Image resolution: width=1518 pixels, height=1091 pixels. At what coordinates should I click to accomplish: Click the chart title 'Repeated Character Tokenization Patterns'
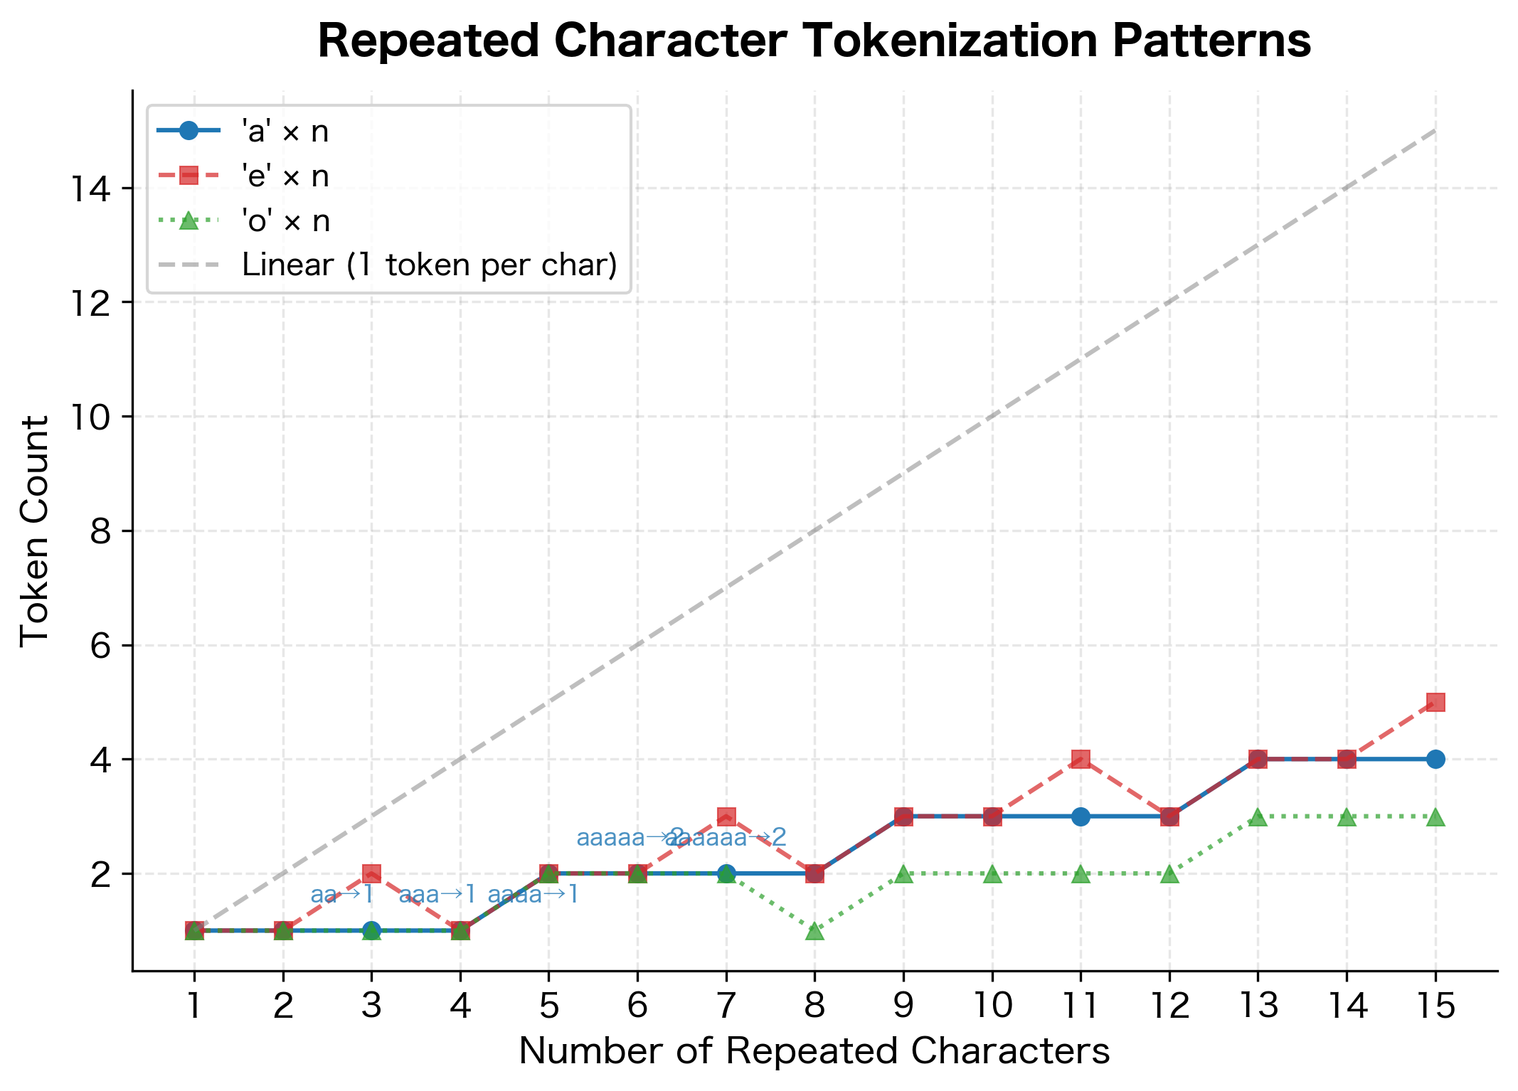tap(814, 41)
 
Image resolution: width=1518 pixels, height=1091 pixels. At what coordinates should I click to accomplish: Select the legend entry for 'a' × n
tap(285, 132)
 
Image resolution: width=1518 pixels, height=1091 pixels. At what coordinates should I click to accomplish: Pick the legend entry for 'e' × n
tap(285, 176)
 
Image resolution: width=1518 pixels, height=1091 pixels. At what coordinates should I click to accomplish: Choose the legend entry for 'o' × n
tap(285, 220)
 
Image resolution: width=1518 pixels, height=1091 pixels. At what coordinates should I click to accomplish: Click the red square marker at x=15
tap(1435, 703)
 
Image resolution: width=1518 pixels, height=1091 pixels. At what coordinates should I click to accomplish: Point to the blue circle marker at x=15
tap(1435, 760)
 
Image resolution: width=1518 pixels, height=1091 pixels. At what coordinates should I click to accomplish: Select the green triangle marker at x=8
tap(814, 931)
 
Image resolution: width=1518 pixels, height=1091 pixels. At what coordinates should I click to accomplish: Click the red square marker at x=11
tap(1081, 760)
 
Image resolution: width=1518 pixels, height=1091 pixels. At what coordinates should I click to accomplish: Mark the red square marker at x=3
tap(371, 873)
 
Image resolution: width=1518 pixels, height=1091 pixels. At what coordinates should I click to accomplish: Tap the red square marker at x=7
tap(726, 816)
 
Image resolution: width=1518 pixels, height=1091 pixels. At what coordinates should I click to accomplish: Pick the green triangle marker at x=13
tap(1258, 817)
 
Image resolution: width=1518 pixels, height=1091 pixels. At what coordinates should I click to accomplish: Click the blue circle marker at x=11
tap(1081, 816)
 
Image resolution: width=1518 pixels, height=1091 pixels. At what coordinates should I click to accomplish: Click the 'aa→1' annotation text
tap(342, 895)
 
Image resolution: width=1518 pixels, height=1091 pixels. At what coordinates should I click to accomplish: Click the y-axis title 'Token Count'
tap(34, 531)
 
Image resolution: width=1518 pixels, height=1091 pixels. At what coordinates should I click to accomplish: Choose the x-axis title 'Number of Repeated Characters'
tap(814, 1051)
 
